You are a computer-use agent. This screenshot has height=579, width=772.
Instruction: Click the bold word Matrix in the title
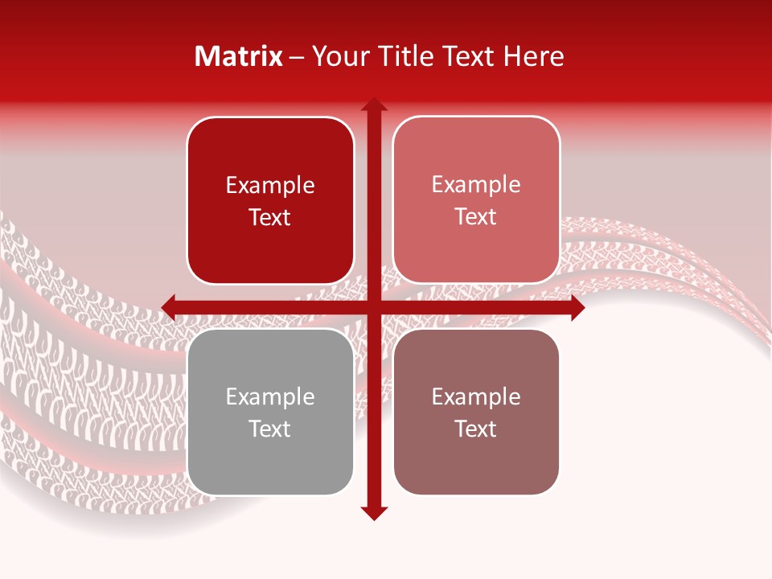[x=239, y=56]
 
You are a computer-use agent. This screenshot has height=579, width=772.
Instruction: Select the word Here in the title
[x=533, y=56]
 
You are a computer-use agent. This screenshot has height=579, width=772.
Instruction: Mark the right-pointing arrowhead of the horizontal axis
[x=577, y=307]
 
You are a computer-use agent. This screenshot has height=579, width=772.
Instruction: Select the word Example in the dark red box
[x=270, y=186]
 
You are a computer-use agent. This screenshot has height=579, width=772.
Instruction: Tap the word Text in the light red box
[x=476, y=217]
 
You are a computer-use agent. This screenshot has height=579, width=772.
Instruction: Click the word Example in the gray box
[x=270, y=397]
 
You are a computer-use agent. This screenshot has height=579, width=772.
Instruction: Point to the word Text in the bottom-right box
[x=476, y=429]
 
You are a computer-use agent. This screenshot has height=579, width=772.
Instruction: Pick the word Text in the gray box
[x=270, y=429]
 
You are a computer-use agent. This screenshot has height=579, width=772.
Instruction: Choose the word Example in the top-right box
[x=476, y=185]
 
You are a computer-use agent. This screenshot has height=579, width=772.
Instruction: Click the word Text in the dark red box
[x=270, y=218]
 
